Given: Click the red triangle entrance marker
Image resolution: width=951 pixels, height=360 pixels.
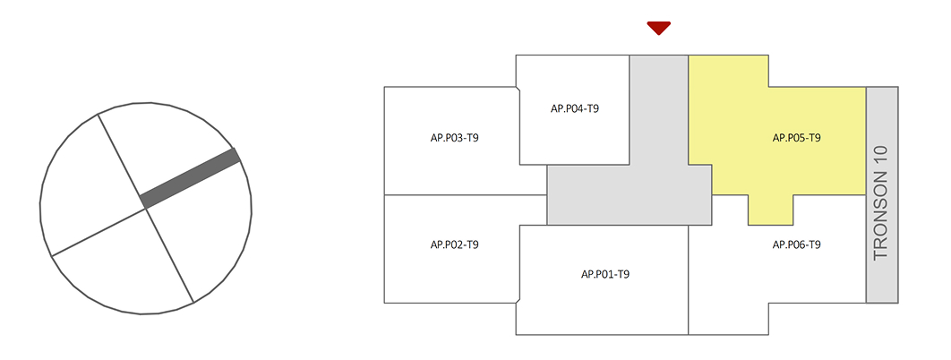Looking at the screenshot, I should coord(659,28).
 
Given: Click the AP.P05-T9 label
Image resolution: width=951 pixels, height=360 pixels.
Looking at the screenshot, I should coord(797,138).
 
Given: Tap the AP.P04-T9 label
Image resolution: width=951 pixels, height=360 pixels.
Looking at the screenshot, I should coord(574,108).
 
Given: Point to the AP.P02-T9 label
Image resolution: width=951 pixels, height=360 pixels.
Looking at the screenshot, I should coord(454,244).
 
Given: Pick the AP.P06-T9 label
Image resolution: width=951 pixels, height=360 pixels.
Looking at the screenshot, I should coord(797,244).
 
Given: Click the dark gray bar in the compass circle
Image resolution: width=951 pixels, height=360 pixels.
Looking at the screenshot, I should coord(190,179).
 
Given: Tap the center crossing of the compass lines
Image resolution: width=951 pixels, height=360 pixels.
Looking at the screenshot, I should coord(146,208).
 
